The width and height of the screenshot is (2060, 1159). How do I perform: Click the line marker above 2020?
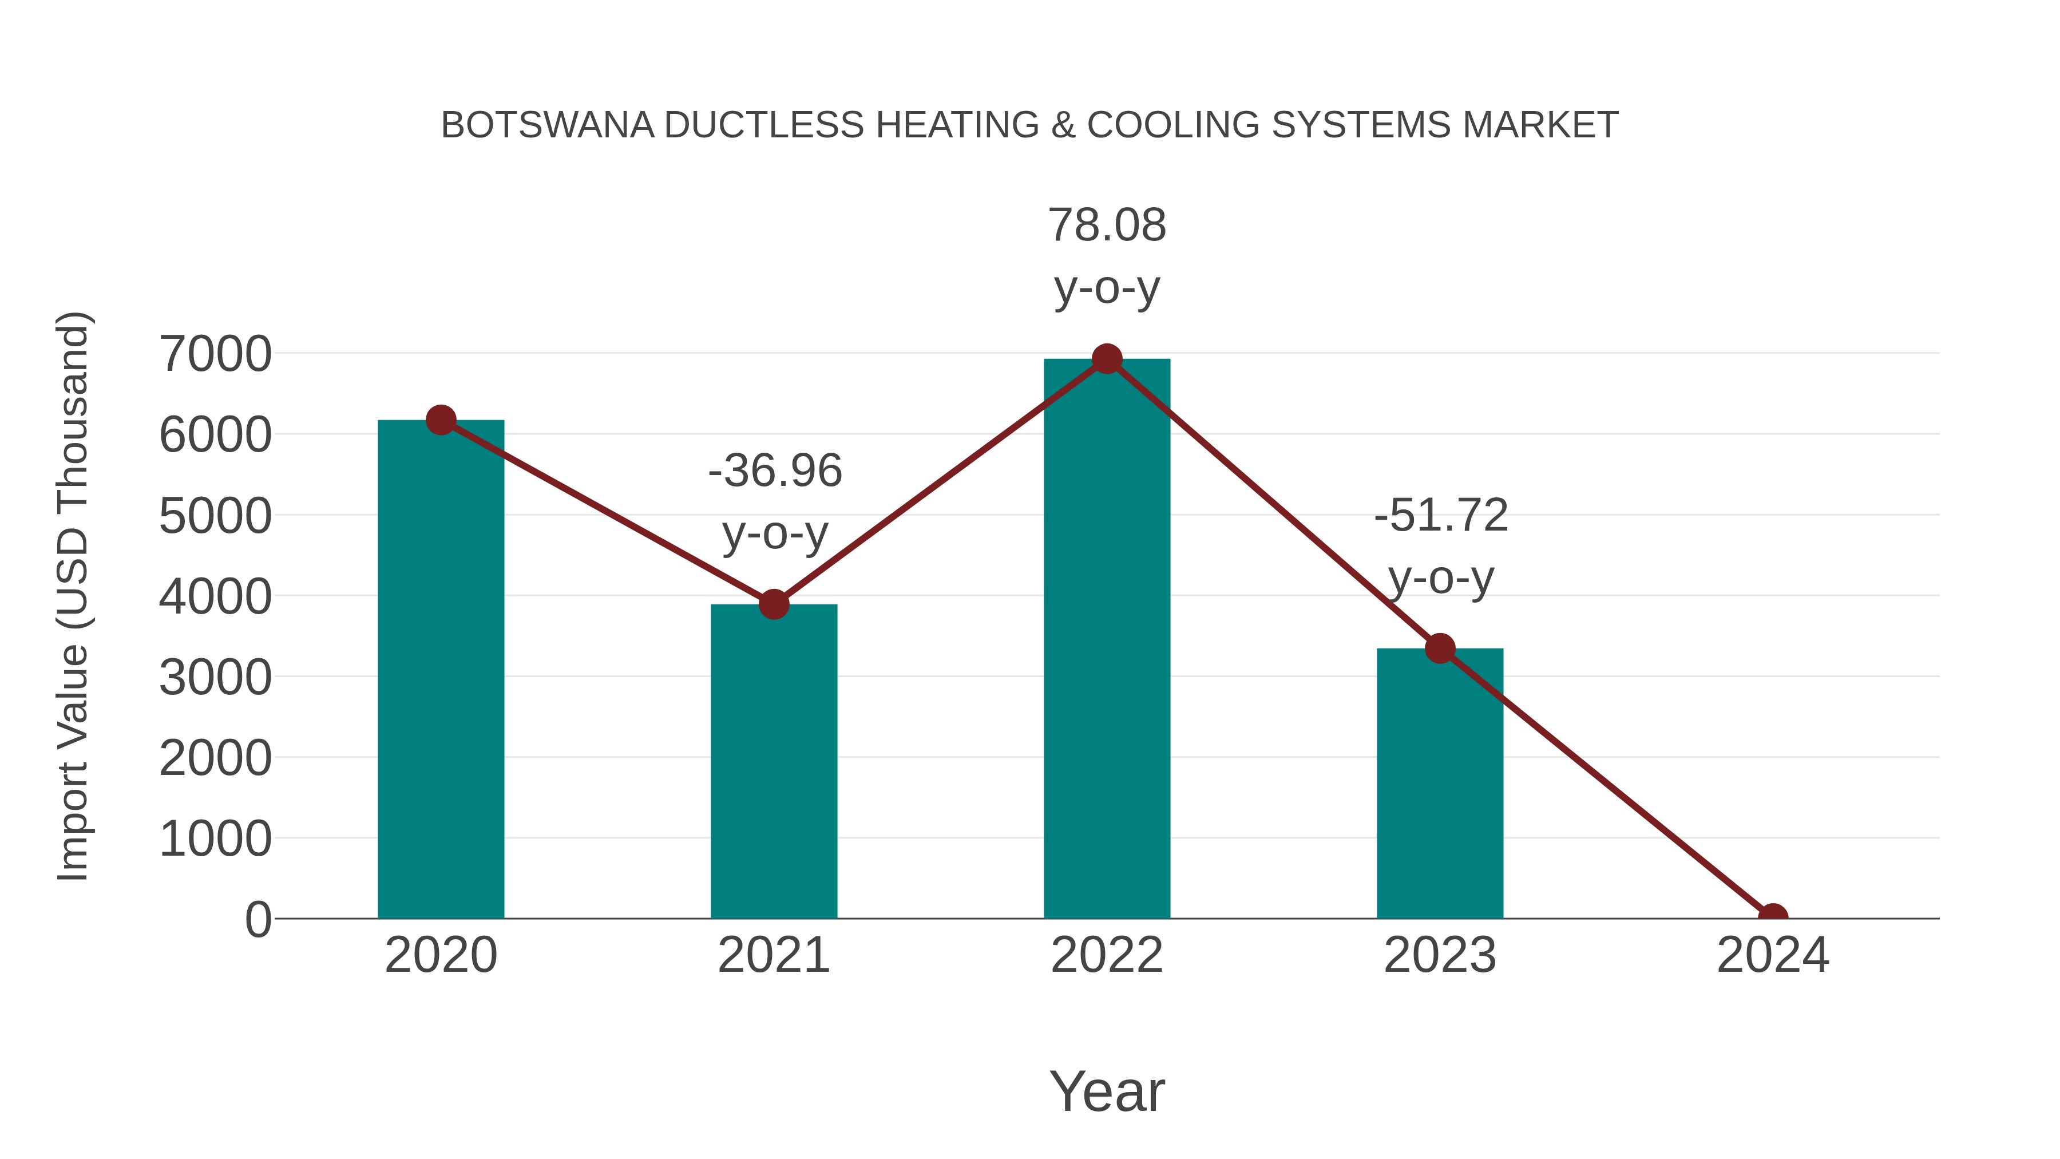pos(441,420)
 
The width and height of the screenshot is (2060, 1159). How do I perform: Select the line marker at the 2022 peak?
pos(1107,359)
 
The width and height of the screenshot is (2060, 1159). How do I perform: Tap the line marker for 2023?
pos(1440,648)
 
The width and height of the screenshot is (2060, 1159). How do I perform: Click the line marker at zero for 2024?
pos(1772,917)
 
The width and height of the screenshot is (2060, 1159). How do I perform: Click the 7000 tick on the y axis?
pos(215,354)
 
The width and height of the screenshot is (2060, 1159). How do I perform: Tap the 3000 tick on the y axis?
pos(215,678)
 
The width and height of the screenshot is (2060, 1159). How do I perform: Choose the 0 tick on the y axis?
pos(257,920)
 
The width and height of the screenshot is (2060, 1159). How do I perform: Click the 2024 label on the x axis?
pos(1772,955)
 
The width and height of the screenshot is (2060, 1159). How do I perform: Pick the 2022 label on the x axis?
pos(1107,955)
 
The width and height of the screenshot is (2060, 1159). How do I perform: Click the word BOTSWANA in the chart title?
pos(547,125)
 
